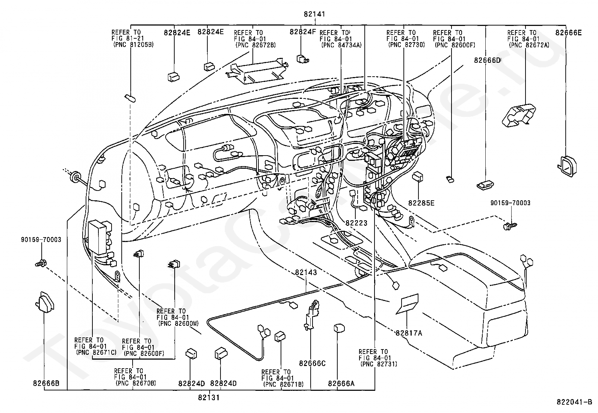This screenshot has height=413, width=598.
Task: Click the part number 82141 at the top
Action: pos(314,14)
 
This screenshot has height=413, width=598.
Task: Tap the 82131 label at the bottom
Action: pos(208,398)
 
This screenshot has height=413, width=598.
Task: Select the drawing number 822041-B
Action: pos(574,402)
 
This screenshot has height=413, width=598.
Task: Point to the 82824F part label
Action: pos(302,32)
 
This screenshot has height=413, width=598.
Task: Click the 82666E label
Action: pos(568,33)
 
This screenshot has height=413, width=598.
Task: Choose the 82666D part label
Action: pos(487,61)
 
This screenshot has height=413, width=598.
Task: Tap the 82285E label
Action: pos(421,203)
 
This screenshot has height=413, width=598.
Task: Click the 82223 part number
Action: pos(356,223)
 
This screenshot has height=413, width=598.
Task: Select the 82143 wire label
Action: pos(306,272)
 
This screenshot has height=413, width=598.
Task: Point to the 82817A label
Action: pos(409,333)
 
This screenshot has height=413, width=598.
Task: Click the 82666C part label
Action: pos(313,363)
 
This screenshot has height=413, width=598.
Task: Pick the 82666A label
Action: pos(341,384)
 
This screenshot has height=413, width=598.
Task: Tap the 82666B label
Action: pos(46,383)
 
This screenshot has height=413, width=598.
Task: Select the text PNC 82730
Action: pos(406,45)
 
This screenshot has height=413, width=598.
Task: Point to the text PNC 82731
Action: pos(379,364)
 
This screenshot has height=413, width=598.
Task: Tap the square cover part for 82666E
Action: pos(567,166)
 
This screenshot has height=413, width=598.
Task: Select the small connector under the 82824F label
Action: pos(302,59)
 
